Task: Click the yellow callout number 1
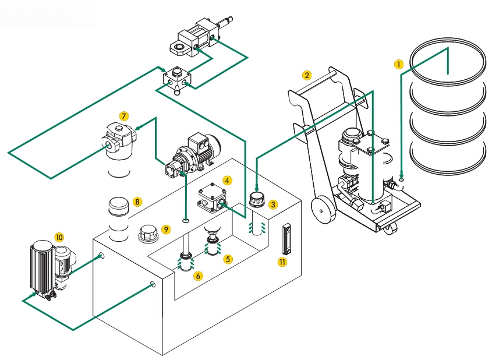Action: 398,65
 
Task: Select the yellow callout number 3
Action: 273,204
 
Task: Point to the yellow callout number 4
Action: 226,181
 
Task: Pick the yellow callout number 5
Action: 228,259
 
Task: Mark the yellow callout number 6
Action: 199,276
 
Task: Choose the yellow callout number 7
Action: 123,115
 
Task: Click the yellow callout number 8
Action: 137,202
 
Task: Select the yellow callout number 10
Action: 58,237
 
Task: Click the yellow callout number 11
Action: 282,262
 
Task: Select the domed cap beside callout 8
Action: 119,206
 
